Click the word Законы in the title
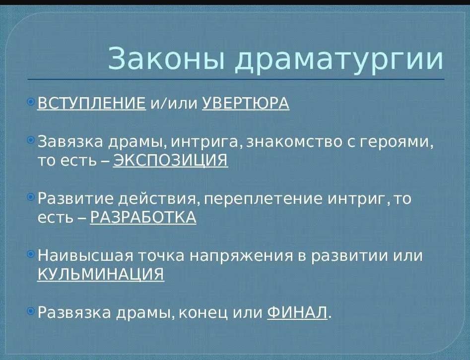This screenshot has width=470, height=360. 166,58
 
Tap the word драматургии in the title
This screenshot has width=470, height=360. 338,60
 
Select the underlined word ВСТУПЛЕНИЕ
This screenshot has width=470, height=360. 92,103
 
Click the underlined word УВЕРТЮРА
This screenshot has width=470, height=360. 246,103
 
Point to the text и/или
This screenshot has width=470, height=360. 174,104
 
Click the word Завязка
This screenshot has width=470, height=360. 70,141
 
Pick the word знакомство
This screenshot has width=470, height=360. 294,142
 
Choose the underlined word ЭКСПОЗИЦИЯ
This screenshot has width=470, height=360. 171,160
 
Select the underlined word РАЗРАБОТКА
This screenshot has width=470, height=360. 143,217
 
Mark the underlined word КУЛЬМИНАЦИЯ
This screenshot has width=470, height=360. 101,274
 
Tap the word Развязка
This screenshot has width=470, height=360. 74,312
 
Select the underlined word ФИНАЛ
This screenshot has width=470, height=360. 297,312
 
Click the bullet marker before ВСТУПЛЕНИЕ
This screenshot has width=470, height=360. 31,102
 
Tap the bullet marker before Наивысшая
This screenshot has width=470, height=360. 31,254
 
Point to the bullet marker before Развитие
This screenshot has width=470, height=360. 31,197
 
